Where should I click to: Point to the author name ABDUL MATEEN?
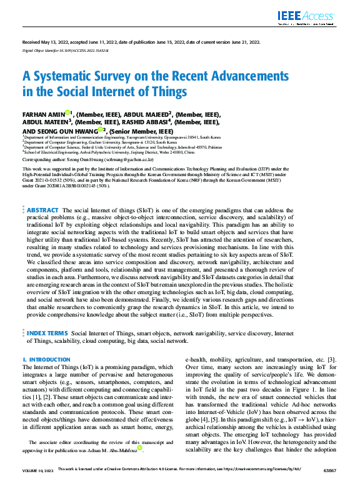[46, 123]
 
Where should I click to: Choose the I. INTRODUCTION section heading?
[46, 360]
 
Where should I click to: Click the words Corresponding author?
[42, 160]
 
